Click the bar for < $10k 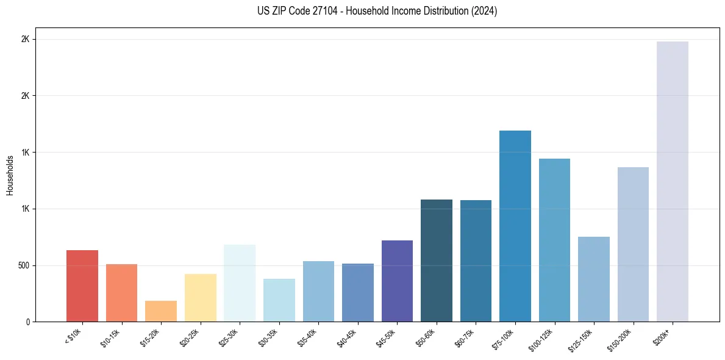tap(82, 286)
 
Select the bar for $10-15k tap(121, 293)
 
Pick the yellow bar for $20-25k tap(200, 298)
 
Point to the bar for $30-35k tap(279, 300)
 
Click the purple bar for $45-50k tap(397, 281)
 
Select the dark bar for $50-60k tap(437, 261)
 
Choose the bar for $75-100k tap(515, 226)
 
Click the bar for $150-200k tap(633, 245)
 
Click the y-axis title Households tap(10, 175)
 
